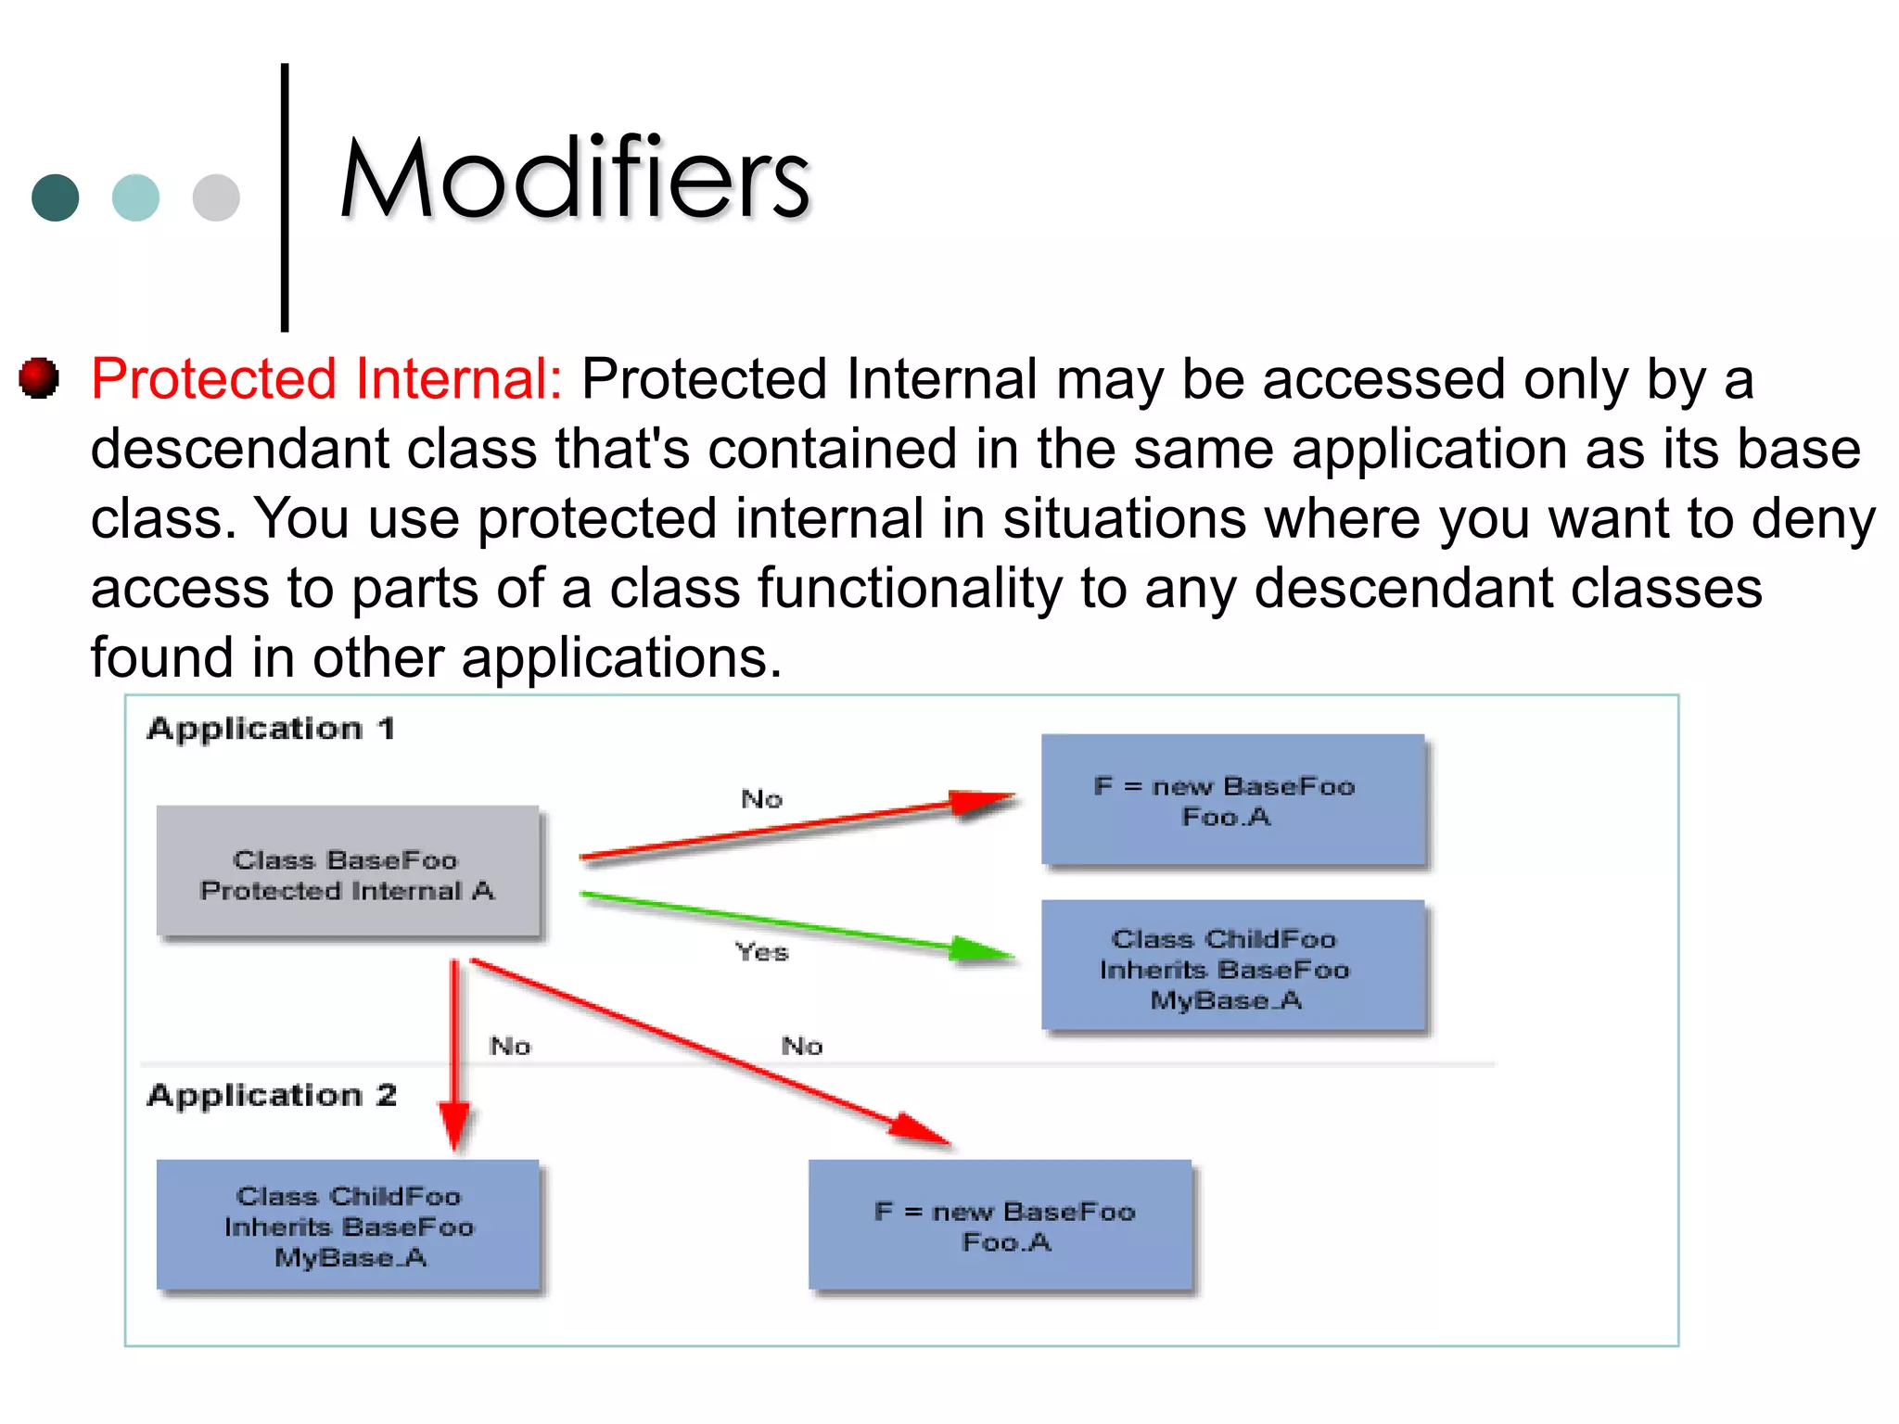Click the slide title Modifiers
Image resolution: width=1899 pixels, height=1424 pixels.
pos(575,178)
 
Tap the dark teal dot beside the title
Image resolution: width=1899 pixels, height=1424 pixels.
pos(56,197)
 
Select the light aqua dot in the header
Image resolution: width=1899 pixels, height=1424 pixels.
pos(135,197)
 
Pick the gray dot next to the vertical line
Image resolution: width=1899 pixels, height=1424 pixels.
pos(216,197)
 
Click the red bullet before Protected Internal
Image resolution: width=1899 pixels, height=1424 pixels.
pos(39,378)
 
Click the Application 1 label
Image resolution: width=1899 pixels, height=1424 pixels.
pos(271,729)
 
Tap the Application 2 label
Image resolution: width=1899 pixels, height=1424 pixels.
pos(272,1096)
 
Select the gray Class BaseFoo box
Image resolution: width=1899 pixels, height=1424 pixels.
pos(348,873)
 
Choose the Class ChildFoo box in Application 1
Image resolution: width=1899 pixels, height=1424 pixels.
pos(1232,966)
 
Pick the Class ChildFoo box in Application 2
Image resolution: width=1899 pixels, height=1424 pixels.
pos(348,1225)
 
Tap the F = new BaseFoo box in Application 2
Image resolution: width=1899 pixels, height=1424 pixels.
pos(1000,1225)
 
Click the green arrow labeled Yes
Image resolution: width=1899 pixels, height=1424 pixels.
pos(797,923)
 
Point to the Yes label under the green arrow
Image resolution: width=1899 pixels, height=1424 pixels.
pos(761,952)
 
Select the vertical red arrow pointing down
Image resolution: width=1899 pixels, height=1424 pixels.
pos(454,1057)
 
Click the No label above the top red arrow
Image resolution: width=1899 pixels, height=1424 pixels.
pos(761,799)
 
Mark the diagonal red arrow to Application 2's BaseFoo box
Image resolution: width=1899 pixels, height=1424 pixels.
pos(705,1049)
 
